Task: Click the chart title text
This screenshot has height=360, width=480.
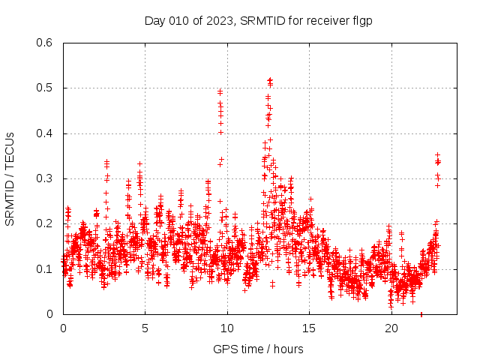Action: (x=258, y=20)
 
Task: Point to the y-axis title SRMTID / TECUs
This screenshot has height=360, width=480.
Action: (x=10, y=178)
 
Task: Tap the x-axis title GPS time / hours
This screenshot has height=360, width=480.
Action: (x=258, y=349)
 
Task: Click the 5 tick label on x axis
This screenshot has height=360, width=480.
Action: (x=145, y=328)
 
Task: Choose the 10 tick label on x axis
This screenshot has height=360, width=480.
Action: (x=227, y=328)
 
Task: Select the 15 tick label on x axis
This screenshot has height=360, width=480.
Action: (x=309, y=328)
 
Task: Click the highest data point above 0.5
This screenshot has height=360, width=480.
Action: (x=270, y=79)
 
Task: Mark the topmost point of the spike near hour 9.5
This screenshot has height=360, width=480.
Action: (x=220, y=91)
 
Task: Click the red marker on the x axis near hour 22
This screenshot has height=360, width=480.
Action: (x=421, y=314)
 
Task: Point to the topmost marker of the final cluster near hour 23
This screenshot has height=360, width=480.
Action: (x=437, y=154)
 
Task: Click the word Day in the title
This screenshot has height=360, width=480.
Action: (x=154, y=20)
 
